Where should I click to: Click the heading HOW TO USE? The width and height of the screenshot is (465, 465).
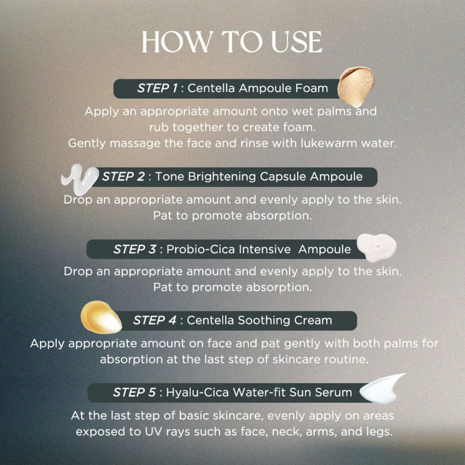point(232,42)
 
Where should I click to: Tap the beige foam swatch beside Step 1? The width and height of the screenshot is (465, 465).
point(356,86)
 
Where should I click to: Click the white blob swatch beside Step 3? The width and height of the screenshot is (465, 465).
point(377,248)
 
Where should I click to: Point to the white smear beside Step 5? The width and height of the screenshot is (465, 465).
point(382,389)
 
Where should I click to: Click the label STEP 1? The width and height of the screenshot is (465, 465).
point(157,88)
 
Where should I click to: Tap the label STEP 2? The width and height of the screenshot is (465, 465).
point(123,176)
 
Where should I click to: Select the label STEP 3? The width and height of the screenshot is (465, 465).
point(134,249)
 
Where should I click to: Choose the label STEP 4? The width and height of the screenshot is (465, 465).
point(154,320)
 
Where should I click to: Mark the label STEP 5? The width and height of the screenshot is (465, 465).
point(134,392)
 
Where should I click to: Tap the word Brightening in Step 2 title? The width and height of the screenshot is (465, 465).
point(222,177)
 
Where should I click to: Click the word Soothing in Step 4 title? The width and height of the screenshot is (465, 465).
point(264,320)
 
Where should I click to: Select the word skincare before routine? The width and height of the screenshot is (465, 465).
point(296,359)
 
